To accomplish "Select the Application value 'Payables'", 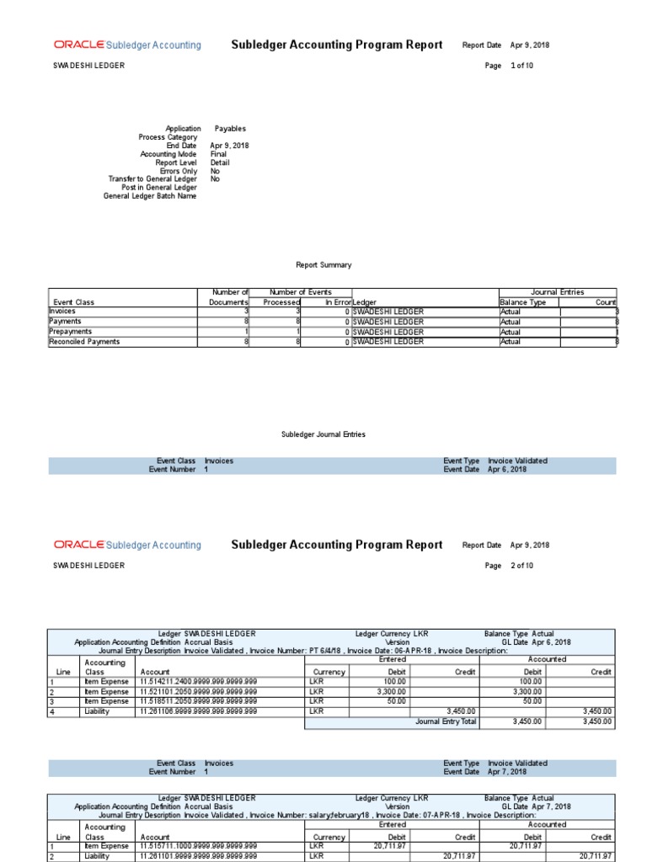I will coord(230,129).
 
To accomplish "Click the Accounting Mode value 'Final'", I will coord(219,154).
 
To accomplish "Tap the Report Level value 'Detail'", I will coord(220,162).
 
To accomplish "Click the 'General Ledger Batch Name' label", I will coord(150,196).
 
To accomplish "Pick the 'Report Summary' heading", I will coord(323,265).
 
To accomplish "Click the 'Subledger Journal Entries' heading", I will coord(323,434).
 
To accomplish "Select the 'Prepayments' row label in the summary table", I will coord(72,332).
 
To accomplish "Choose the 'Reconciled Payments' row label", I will coord(84,342).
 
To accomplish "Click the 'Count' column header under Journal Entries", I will coord(606,302).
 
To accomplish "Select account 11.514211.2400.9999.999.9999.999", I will coord(198,681).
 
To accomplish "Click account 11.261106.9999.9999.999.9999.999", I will coord(198,711).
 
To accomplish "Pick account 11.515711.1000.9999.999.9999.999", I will coord(198,846).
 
